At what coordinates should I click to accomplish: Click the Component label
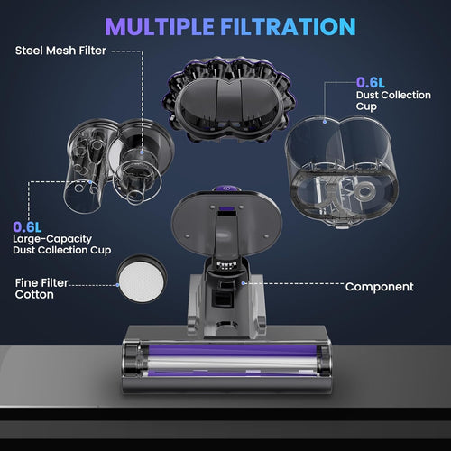380,287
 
